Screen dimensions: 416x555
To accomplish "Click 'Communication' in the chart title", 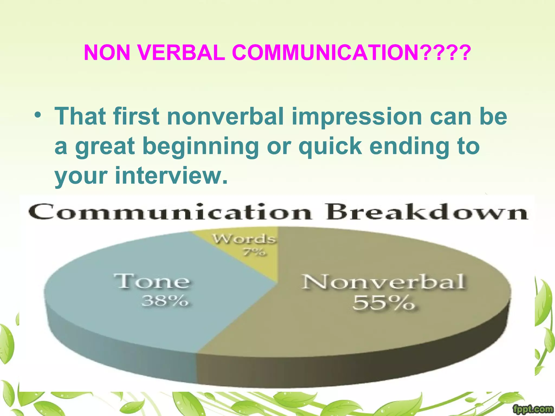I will tap(170, 212).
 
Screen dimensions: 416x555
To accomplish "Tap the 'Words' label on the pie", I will tap(244, 239).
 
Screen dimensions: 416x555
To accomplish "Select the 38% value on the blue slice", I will tap(165, 301).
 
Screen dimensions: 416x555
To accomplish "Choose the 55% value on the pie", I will tap(383, 303).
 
